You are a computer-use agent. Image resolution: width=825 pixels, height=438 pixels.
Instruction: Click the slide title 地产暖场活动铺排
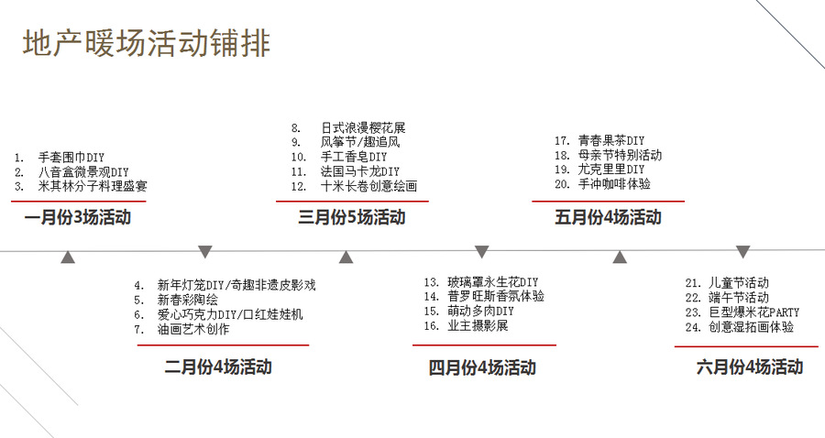coord(147,43)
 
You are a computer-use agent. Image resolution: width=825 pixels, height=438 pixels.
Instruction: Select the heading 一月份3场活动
coord(78,217)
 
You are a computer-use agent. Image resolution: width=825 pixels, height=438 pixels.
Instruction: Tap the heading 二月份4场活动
coord(218,367)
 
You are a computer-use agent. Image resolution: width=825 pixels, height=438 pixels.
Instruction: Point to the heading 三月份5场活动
coord(351,217)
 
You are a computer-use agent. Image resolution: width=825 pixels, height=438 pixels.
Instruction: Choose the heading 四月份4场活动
coord(482,367)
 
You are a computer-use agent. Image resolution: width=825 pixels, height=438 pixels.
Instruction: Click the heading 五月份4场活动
coord(608,217)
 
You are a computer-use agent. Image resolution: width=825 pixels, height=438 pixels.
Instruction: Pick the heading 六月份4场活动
coord(750,367)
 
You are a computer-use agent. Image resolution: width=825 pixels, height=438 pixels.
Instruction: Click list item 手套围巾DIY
coord(71,158)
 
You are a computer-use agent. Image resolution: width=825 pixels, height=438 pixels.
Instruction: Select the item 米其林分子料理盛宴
coord(93,186)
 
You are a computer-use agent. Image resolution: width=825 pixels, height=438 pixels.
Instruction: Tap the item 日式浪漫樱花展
coord(363,127)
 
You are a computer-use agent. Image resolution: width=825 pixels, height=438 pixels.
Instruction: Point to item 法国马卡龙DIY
coord(360,171)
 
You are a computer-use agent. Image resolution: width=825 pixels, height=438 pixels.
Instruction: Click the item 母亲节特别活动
coord(620,155)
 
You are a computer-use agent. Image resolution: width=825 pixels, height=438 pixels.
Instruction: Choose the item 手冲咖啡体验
coord(614,184)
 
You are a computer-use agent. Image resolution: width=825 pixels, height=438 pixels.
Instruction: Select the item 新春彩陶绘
coord(187,301)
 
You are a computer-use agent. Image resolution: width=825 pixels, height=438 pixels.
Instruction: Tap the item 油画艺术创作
coord(193,329)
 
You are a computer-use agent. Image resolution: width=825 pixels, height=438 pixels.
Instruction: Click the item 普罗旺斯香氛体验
coord(496,296)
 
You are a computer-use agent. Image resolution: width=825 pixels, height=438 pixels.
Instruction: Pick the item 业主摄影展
coord(478,325)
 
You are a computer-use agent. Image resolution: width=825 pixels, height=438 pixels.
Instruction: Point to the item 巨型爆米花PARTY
coord(754,312)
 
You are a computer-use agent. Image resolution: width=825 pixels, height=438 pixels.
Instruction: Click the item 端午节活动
coord(739,298)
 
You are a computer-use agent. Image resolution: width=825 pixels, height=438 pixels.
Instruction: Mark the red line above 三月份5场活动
coord(352,201)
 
